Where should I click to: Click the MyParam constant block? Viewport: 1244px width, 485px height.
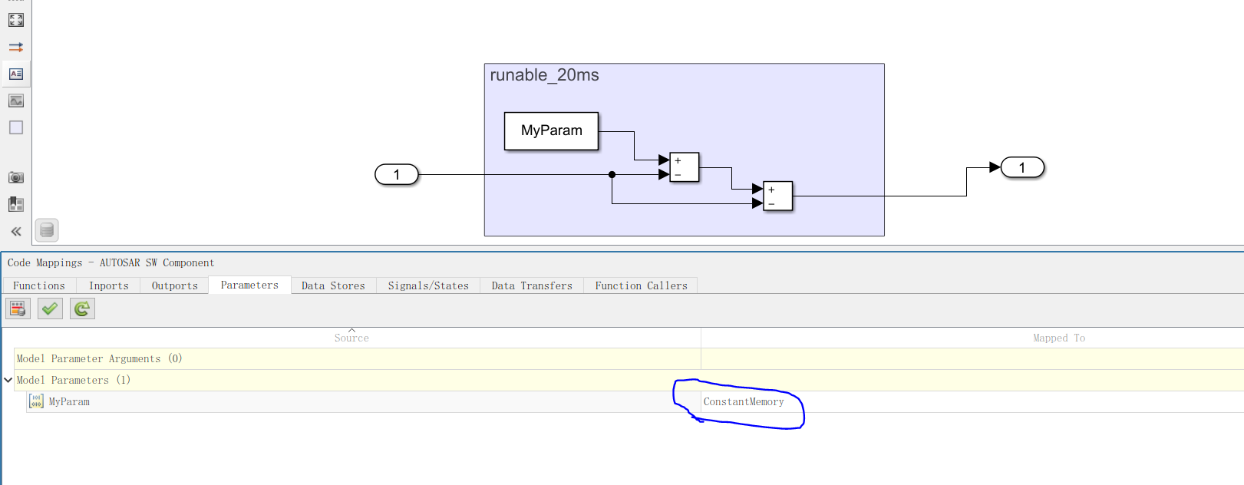[551, 131]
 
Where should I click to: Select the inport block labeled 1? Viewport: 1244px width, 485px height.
[397, 175]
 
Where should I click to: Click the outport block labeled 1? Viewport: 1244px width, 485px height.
[1021, 167]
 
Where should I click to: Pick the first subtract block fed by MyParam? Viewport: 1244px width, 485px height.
[684, 167]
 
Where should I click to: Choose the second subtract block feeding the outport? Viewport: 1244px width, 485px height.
[777, 196]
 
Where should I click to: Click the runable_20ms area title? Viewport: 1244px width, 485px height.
[544, 75]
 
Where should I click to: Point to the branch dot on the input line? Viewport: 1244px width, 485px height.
[612, 175]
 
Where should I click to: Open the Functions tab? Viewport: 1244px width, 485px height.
[39, 285]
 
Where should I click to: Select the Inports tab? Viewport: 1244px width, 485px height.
[108, 285]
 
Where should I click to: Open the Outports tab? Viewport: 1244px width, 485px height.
[174, 285]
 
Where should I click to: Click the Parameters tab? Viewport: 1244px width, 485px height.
[249, 285]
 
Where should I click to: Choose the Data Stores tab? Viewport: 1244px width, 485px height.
[333, 285]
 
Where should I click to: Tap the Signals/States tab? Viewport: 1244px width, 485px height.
[428, 285]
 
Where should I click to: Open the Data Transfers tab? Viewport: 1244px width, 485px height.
[532, 285]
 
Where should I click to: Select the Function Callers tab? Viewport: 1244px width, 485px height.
[641, 285]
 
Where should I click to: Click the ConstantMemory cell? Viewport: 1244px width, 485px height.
[744, 401]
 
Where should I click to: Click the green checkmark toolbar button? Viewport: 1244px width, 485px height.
[50, 308]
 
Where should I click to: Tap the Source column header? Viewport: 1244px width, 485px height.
[351, 338]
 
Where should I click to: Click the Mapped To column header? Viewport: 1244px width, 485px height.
[1058, 338]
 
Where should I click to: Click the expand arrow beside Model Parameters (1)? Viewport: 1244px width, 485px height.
[8, 380]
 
